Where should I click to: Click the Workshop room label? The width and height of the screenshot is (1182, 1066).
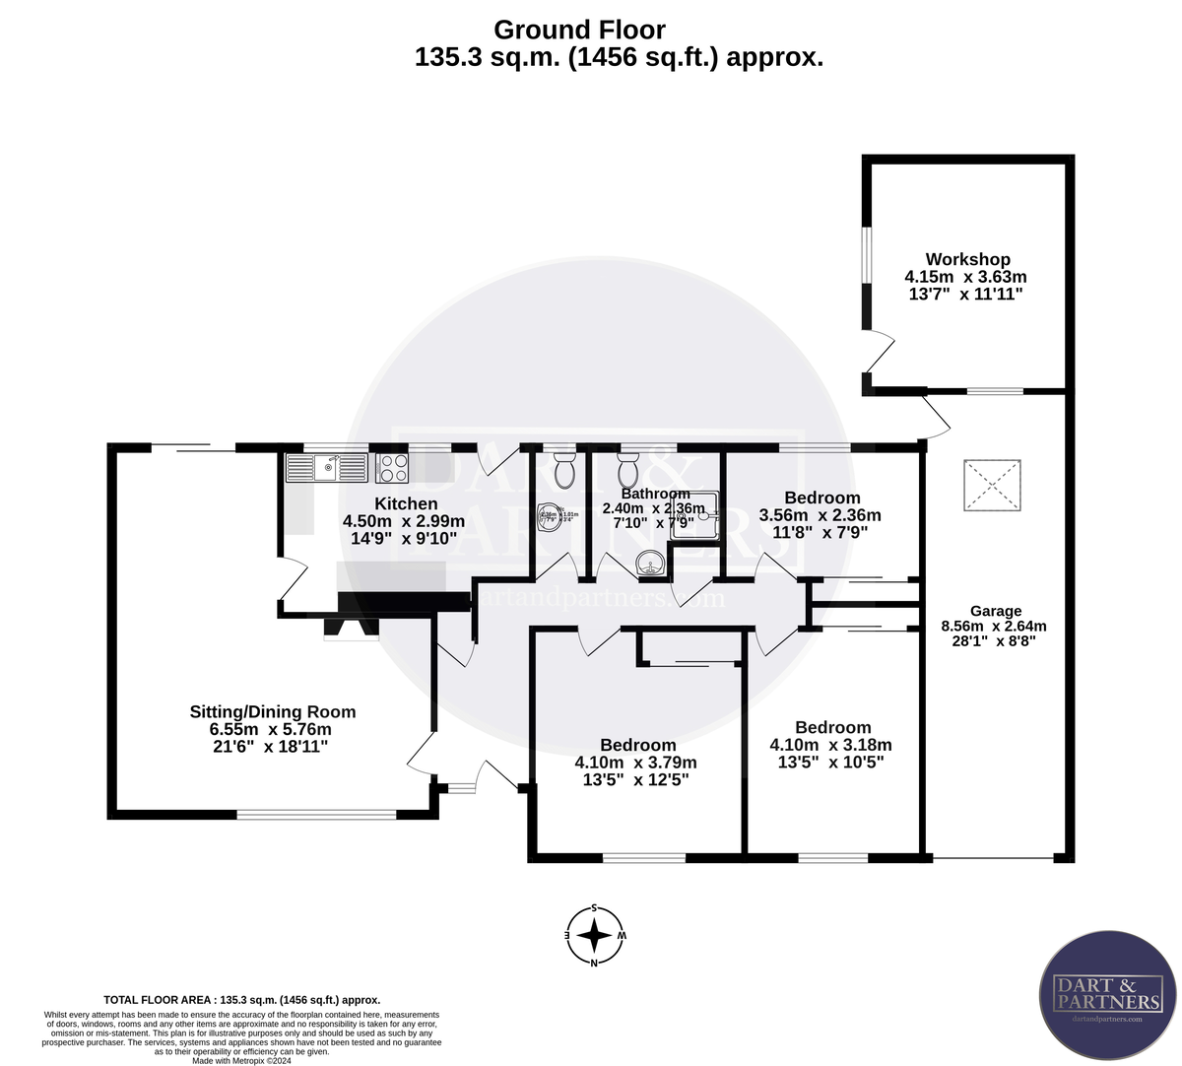coord(966,260)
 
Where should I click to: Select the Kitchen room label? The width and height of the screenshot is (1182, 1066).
coord(405,503)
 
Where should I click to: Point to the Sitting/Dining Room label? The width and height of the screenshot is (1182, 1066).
coord(273,711)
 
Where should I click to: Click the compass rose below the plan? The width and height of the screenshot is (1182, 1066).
coord(595,933)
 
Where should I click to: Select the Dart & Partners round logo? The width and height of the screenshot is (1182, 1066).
coord(1107,990)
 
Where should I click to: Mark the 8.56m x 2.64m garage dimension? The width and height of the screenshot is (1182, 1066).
coord(994,626)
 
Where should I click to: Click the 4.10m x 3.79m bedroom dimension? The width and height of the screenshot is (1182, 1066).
coord(635,763)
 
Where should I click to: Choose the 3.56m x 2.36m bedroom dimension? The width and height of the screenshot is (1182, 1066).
coord(820,514)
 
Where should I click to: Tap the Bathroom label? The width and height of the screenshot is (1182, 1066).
coord(655,494)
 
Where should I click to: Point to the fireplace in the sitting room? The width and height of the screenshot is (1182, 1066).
coord(350,628)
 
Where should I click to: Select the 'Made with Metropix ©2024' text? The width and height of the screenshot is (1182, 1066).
coord(242,1060)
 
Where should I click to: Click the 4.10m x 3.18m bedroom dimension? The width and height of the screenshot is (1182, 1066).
coord(830,745)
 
